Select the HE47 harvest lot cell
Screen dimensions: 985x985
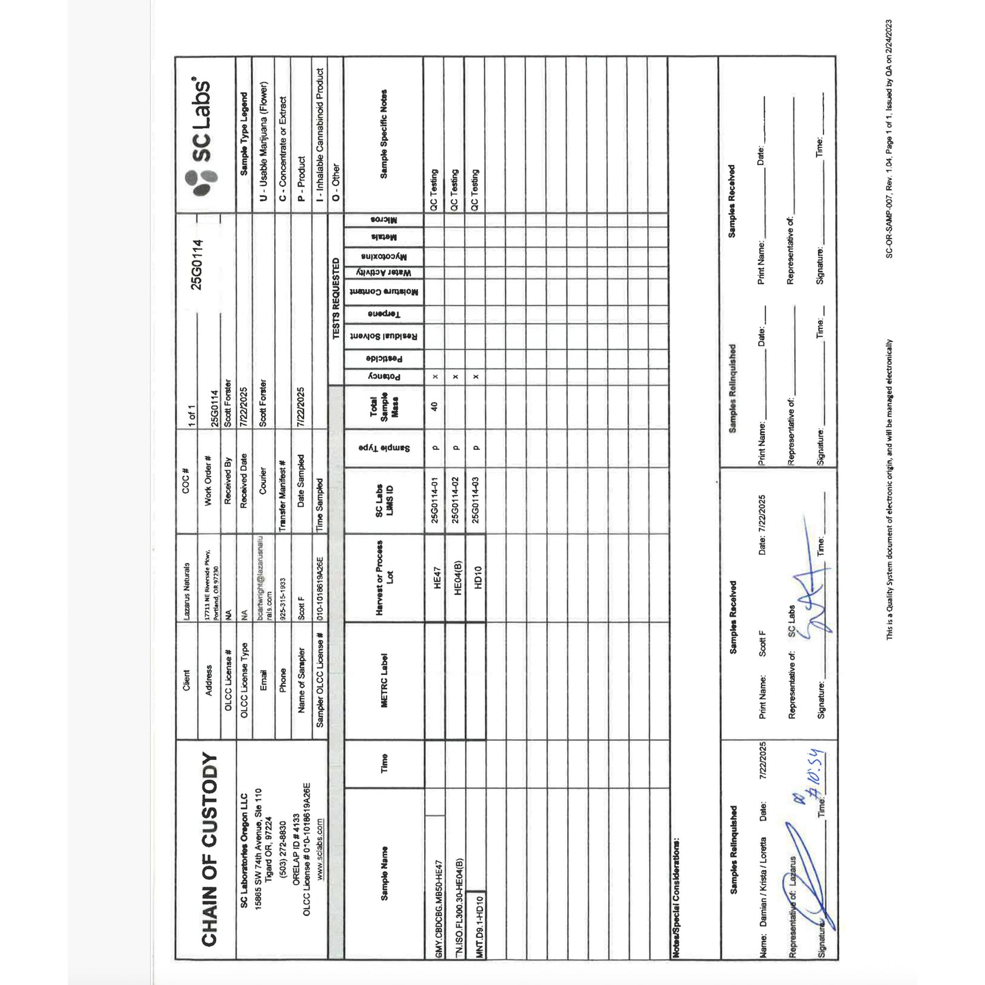tap(437, 579)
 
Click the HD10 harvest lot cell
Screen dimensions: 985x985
tap(477, 579)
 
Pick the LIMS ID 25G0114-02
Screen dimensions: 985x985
tap(456, 500)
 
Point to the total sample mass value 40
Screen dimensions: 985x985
tap(435, 406)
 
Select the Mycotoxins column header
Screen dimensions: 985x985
tap(393, 257)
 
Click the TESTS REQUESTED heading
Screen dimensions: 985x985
tap(336, 298)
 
